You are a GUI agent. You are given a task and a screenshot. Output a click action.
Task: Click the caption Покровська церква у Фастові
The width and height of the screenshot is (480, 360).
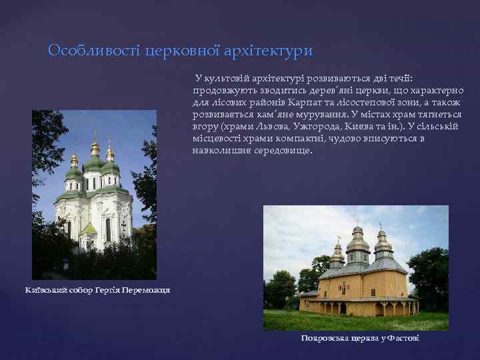point(359,339)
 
